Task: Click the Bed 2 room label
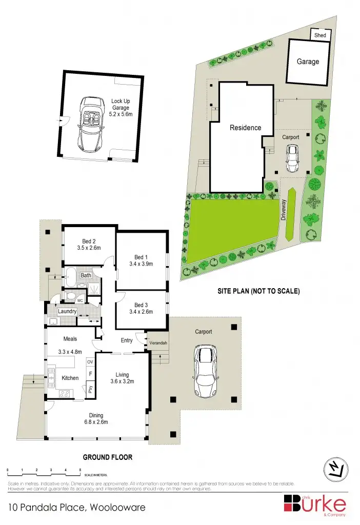click(89, 241)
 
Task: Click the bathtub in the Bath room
click(70, 278)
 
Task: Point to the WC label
click(80, 300)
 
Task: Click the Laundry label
click(67, 311)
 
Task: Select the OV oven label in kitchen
click(90, 362)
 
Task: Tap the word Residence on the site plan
click(245, 128)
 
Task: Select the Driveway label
click(284, 209)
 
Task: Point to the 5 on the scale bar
click(80, 470)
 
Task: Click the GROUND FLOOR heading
click(108, 456)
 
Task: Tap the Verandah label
click(158, 342)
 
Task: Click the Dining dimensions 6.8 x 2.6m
click(96, 422)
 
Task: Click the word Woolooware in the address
click(117, 507)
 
